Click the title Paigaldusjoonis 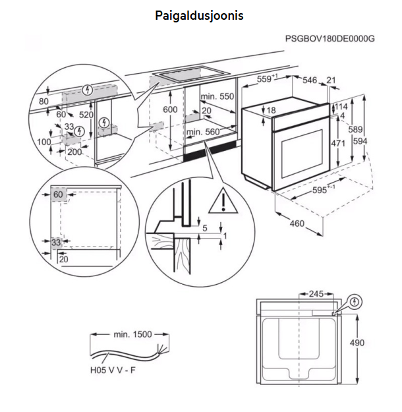199,14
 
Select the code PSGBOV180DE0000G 330,39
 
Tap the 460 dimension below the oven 297,223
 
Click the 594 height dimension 378,140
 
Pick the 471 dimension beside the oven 337,143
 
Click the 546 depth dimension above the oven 310,80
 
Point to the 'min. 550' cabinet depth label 218,96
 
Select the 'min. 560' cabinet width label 202,132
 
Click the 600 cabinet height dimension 171,109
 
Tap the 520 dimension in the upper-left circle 86,115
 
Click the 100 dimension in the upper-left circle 43,142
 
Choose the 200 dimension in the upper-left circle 74,152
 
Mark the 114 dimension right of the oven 341,107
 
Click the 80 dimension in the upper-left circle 44,101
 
